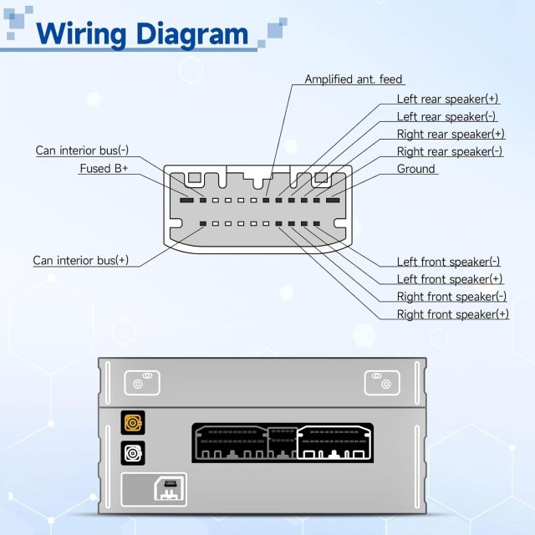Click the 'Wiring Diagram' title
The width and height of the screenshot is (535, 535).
pyautogui.click(x=143, y=34)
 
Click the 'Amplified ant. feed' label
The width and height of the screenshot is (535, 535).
pyautogui.click(x=353, y=79)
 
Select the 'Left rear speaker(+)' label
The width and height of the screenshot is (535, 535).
pyautogui.click(x=447, y=99)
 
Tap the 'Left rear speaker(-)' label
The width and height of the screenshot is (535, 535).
pyautogui.click(x=446, y=116)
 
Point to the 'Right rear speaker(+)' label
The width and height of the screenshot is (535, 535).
pyautogui.click(x=450, y=134)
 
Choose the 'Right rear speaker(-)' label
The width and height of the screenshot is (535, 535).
pyautogui.click(x=449, y=151)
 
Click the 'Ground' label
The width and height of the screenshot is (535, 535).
pyautogui.click(x=415, y=169)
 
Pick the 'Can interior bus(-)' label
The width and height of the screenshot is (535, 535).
pyautogui.click(x=82, y=150)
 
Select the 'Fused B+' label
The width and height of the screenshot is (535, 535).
pyautogui.click(x=104, y=168)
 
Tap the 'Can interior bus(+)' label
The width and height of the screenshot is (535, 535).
pyautogui.click(x=81, y=260)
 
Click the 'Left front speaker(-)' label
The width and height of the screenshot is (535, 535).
pyautogui.click(x=448, y=262)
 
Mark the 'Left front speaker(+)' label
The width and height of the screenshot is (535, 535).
pyautogui.click(x=449, y=279)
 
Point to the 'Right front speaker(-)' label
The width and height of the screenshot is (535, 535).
pyautogui.click(x=451, y=297)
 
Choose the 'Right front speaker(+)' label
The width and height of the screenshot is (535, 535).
pyautogui.click(x=452, y=314)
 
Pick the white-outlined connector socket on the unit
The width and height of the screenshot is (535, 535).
pyautogui.click(x=334, y=443)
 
